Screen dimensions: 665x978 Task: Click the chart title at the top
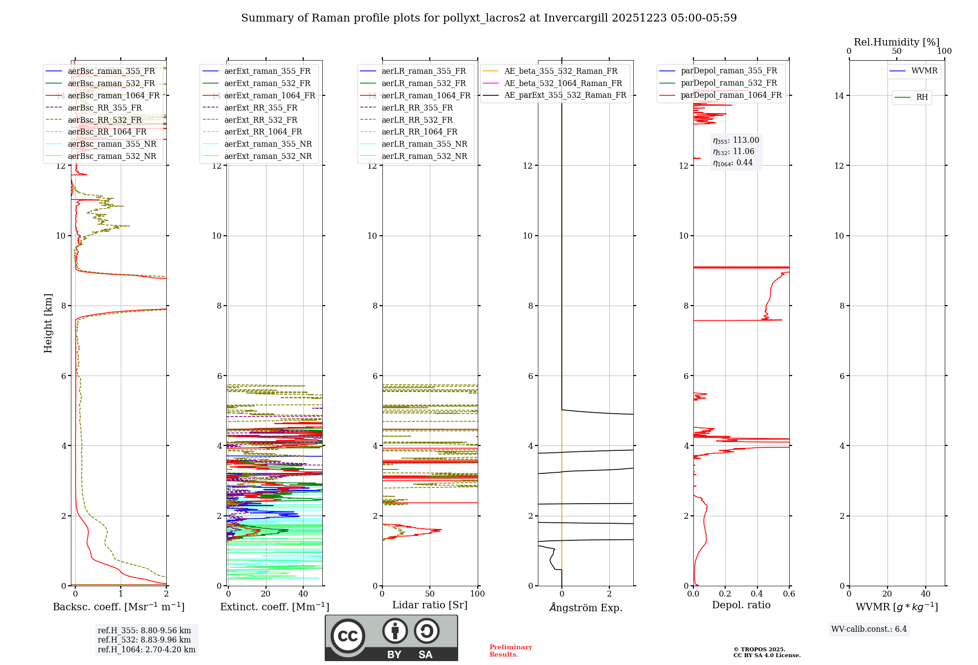[489, 18]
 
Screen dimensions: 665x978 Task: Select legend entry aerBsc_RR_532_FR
[105, 120]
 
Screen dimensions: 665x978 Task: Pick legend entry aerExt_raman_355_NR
[267, 144]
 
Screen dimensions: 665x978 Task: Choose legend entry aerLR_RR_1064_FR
[419, 132]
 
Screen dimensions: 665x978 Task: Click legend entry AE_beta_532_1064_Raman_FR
[563, 83]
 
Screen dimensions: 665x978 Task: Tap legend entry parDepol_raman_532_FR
[729, 83]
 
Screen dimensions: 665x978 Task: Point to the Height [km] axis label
[48, 323]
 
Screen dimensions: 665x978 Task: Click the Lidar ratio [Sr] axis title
[429, 605]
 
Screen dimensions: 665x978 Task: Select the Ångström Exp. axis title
[585, 607]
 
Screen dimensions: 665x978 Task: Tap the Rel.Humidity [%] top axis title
[896, 42]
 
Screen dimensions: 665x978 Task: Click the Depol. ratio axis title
[741, 605]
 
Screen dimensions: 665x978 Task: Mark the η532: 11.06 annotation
[733, 152]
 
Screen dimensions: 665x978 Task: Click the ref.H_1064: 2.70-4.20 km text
[146, 649]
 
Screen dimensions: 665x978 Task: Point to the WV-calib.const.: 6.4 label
[868, 629]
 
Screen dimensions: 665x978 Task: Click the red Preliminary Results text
[511, 651]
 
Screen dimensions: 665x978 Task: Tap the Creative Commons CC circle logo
[348, 636]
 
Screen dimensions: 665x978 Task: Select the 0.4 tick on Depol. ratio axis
[757, 594]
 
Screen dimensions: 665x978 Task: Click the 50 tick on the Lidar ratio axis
[430, 594]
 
